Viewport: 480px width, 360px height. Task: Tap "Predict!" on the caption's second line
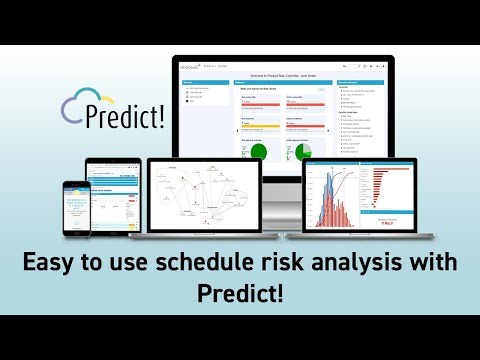(x=240, y=296)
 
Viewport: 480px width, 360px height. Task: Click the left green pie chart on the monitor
(x=258, y=152)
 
